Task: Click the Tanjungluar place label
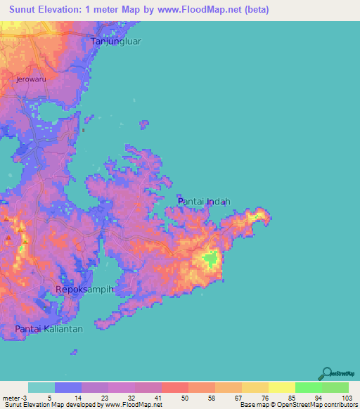click(116, 41)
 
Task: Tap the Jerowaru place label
click(32, 80)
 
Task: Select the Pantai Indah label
click(204, 202)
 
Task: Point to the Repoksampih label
click(84, 290)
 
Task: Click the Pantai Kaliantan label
click(49, 329)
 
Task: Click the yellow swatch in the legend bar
click(281, 387)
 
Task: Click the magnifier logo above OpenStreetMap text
click(325, 374)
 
